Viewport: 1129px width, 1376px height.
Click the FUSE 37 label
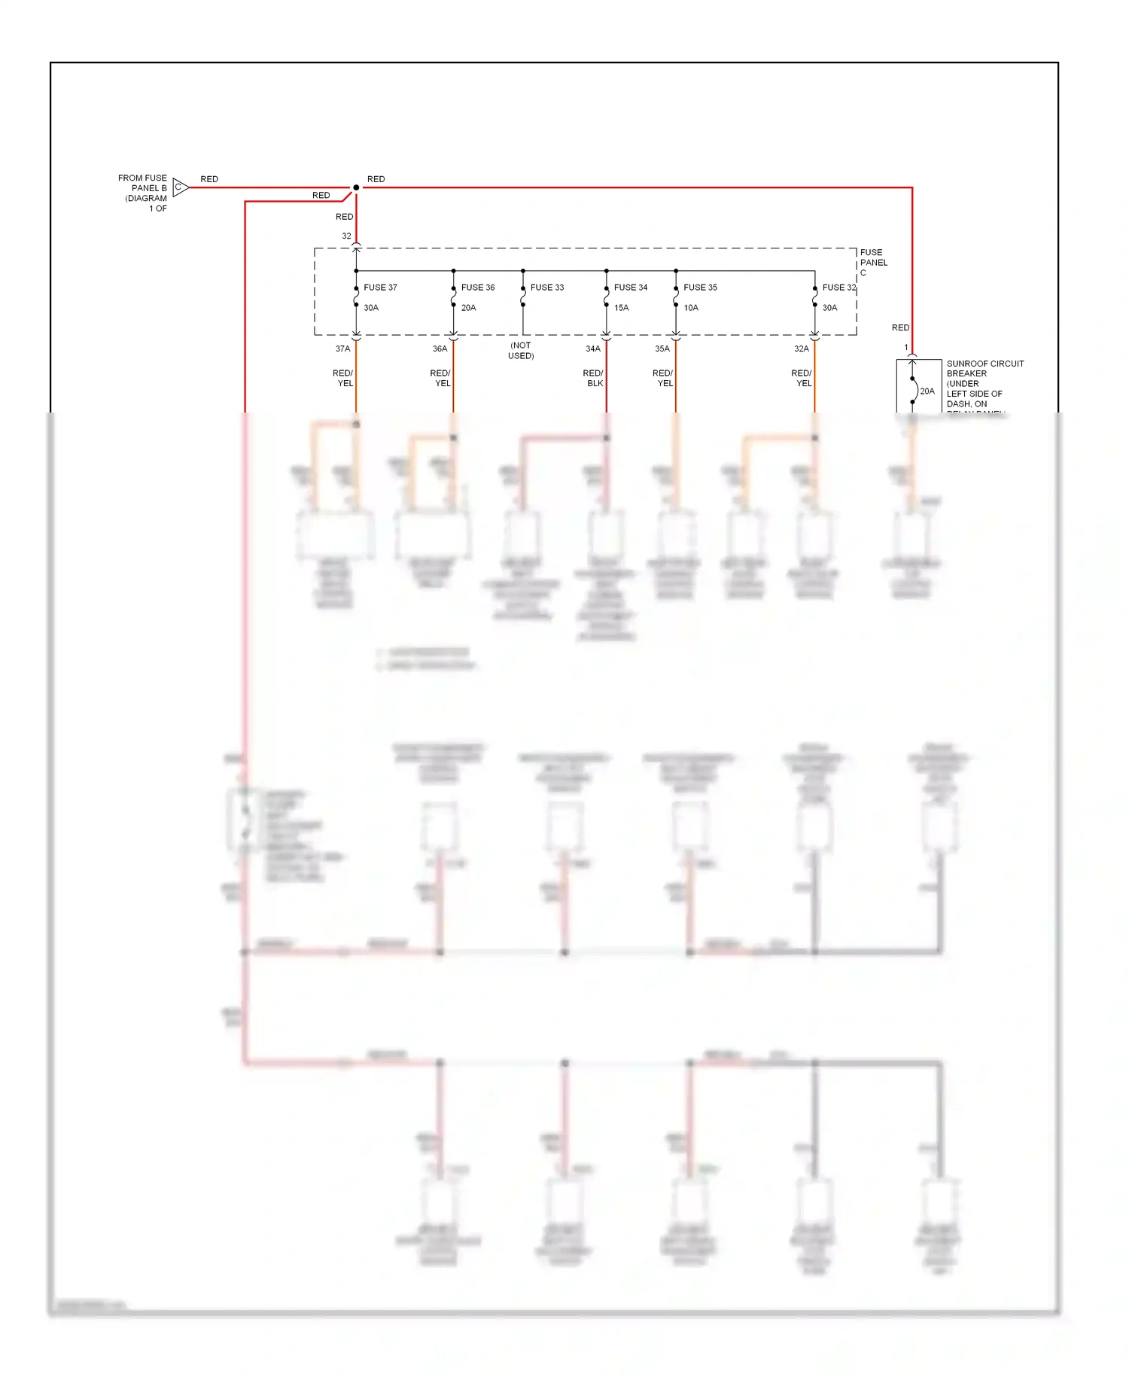click(380, 288)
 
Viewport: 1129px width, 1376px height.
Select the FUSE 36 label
click(478, 288)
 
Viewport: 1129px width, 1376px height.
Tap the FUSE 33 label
click(547, 288)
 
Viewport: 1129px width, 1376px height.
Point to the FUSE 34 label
click(631, 288)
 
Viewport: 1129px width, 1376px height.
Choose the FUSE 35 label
click(700, 288)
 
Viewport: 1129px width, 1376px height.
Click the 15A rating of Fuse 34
click(621, 308)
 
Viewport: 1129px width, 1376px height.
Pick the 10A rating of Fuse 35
click(691, 308)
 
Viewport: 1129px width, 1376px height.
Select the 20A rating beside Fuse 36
click(468, 308)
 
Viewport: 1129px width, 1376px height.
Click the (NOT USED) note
click(521, 351)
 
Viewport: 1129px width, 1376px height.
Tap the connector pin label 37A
click(342, 349)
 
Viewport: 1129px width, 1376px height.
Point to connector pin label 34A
click(593, 349)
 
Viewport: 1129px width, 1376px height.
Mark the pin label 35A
click(662, 349)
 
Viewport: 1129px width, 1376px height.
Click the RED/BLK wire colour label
click(593, 378)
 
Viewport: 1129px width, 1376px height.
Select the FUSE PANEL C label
click(873, 262)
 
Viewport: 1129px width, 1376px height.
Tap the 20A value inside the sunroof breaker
click(927, 391)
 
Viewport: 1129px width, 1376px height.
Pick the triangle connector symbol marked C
click(180, 187)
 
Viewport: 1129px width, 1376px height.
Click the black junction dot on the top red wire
click(356, 187)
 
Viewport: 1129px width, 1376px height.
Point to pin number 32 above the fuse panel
click(346, 236)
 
